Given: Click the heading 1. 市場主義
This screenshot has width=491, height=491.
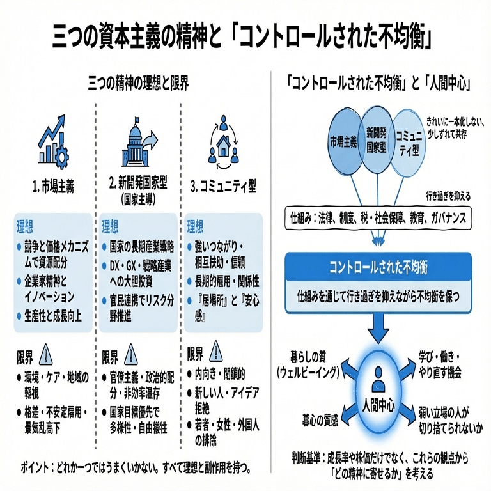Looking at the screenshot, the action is [54, 187].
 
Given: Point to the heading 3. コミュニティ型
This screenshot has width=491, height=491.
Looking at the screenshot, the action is [223, 187].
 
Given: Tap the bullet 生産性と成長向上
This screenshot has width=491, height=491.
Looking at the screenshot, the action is [52, 315].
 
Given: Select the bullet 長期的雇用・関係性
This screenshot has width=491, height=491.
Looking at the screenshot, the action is [224, 281].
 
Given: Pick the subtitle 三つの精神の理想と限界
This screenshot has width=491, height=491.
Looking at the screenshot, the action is [138, 84].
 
